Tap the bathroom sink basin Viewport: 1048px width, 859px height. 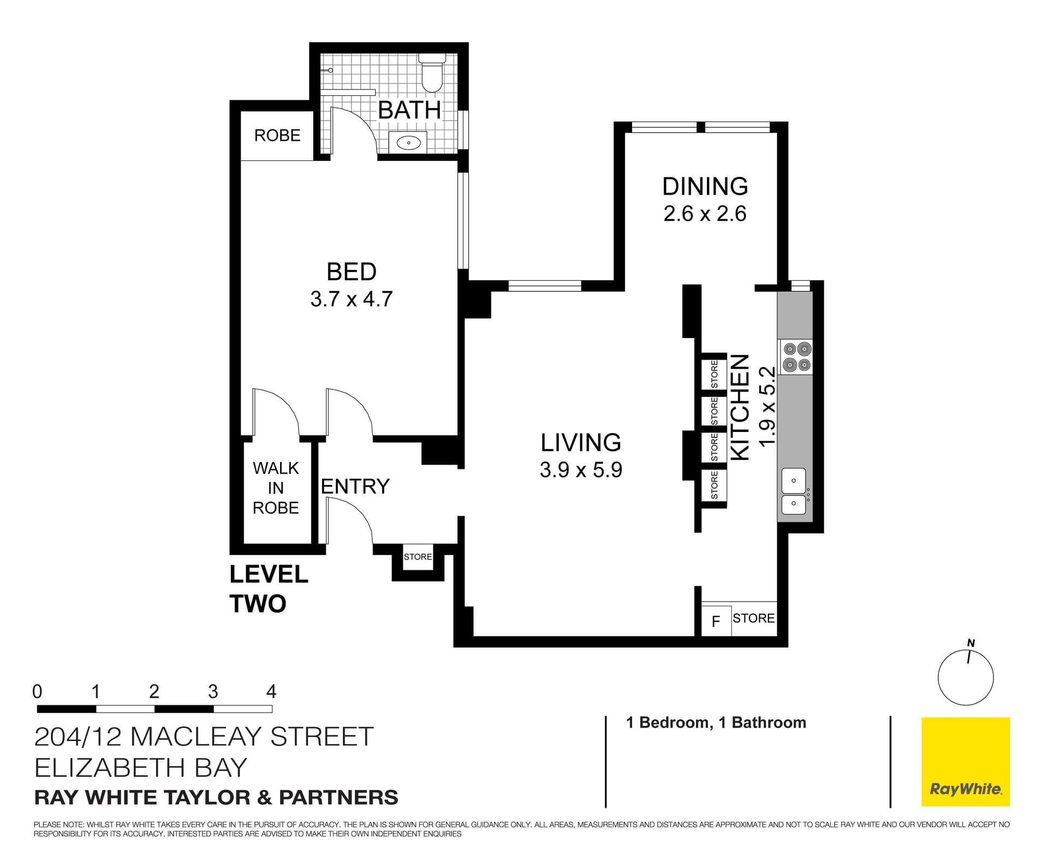coord(408,143)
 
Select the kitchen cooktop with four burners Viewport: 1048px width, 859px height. coord(796,357)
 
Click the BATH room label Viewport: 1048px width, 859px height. coord(409,111)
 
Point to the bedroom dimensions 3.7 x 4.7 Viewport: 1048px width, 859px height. coord(352,299)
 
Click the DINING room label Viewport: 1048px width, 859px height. coord(705,187)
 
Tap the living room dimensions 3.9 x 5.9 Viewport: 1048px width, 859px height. coord(581,470)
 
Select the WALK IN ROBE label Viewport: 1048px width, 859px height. coord(276,488)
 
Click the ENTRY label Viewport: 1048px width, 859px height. coord(355,486)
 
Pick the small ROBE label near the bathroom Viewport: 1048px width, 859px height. coord(277,135)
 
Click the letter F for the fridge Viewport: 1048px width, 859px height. coord(716,621)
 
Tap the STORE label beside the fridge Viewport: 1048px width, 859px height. coord(753,618)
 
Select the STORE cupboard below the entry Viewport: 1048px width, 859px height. coord(418,557)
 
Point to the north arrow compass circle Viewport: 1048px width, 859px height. coord(965,678)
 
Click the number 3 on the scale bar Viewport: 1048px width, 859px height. coord(213,692)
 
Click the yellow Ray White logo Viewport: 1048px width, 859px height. coord(965,761)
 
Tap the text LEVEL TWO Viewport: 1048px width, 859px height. coord(269,589)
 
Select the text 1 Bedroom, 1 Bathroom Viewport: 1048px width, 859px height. coord(716,723)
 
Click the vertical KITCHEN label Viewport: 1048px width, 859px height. coord(740,407)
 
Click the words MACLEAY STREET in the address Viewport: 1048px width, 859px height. coord(252,737)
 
